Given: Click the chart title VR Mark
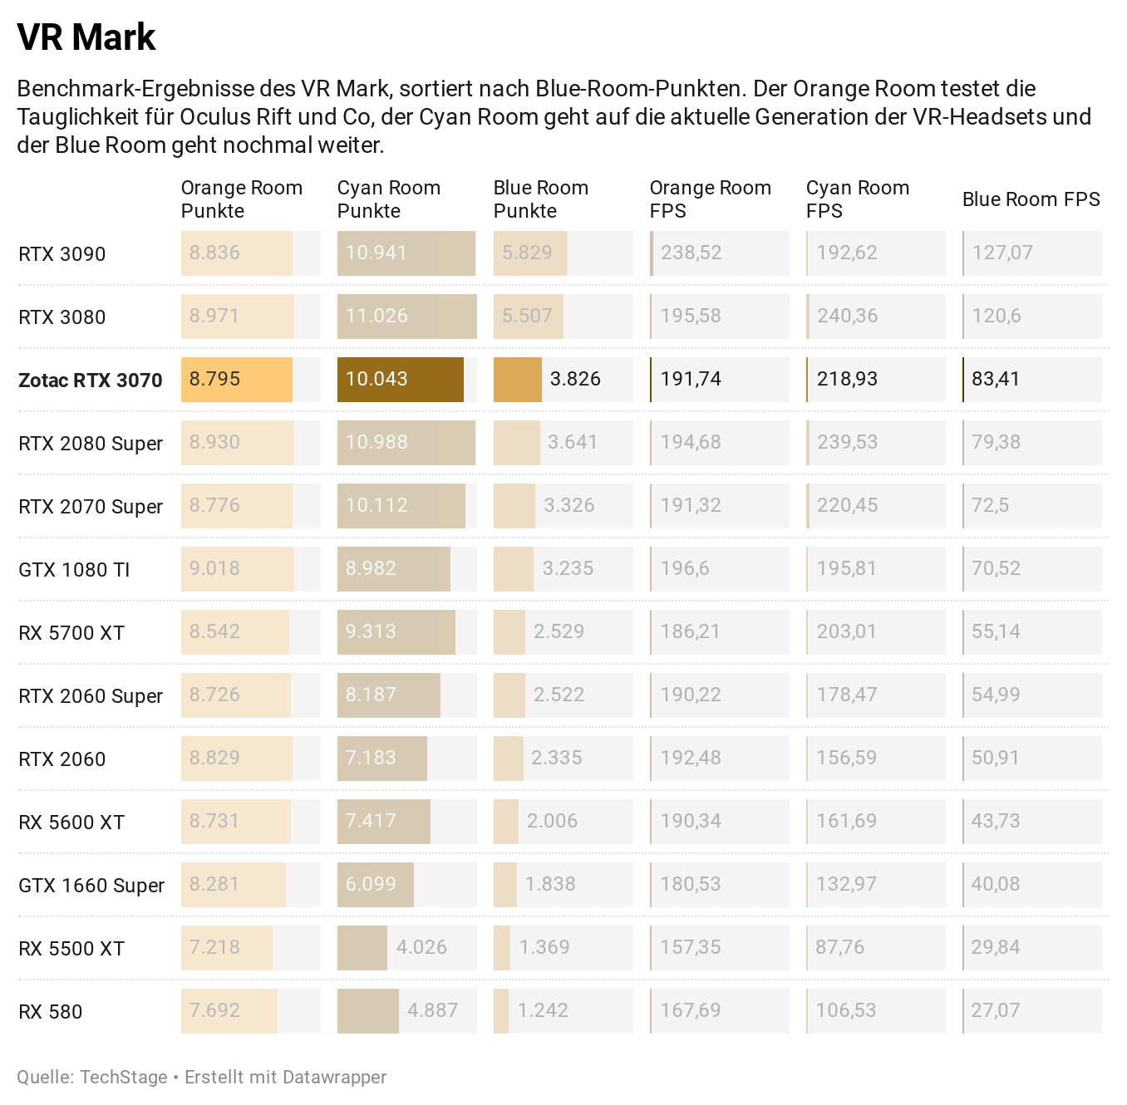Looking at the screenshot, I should click(86, 37).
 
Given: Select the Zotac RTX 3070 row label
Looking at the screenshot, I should click(90, 381).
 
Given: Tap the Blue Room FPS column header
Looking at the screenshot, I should click(1031, 199).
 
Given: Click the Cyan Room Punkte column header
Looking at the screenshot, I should click(388, 199).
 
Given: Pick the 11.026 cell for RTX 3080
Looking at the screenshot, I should click(376, 316).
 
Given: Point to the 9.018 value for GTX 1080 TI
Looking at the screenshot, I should click(214, 568).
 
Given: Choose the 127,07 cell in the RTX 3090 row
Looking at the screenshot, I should click(1002, 253).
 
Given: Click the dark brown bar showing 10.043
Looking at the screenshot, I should click(400, 379).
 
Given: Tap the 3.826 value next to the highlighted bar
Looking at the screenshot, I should click(575, 379).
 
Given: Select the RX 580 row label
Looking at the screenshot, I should click(50, 1012).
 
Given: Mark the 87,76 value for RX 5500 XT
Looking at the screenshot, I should click(839, 947).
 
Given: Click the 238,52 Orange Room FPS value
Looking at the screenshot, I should click(691, 253).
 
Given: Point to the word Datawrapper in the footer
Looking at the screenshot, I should click(334, 1078).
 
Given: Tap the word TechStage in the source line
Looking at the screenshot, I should click(124, 1078).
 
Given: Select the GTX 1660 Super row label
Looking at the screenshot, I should click(91, 886).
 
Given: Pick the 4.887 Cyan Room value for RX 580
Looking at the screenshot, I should click(432, 1010).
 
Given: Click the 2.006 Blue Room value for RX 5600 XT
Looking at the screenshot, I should click(552, 821).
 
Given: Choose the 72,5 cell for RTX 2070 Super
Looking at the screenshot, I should click(990, 505).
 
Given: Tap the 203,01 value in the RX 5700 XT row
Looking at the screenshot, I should click(846, 631).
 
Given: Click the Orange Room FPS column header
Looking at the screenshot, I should click(710, 199).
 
